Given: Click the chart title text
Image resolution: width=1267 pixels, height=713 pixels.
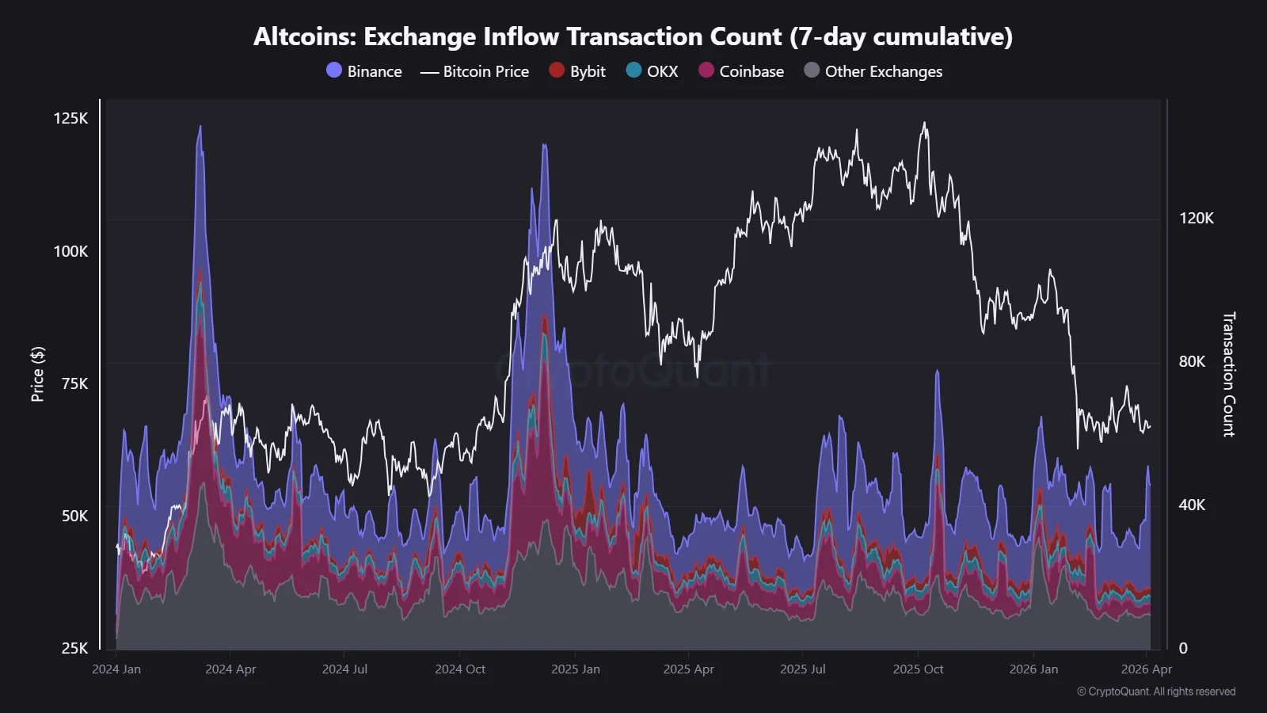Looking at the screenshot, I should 633,36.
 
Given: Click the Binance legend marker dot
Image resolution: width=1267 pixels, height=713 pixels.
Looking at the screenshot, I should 334,71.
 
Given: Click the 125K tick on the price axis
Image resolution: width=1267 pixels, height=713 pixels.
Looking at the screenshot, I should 70,118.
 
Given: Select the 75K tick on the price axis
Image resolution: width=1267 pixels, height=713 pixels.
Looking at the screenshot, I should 74,383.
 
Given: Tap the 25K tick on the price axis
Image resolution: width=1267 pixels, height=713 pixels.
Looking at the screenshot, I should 74,648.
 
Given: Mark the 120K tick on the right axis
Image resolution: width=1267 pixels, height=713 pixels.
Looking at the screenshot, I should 1196,218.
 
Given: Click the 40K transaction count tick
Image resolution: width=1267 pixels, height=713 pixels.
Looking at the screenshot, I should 1192,505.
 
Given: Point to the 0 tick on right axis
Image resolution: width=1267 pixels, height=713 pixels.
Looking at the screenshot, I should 1183,648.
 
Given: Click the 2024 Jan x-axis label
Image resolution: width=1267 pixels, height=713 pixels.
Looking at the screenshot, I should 116,669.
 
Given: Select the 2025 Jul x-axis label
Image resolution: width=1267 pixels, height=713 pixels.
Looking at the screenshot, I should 802,669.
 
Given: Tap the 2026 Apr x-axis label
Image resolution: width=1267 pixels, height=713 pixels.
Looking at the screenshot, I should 1146,669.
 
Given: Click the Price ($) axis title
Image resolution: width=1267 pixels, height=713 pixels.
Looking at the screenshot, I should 37,374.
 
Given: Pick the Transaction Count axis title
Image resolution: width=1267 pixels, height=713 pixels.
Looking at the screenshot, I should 1228,374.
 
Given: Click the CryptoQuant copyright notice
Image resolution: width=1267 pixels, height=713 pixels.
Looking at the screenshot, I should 1155,692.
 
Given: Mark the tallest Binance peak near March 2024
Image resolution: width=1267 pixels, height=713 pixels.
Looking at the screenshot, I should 200,127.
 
